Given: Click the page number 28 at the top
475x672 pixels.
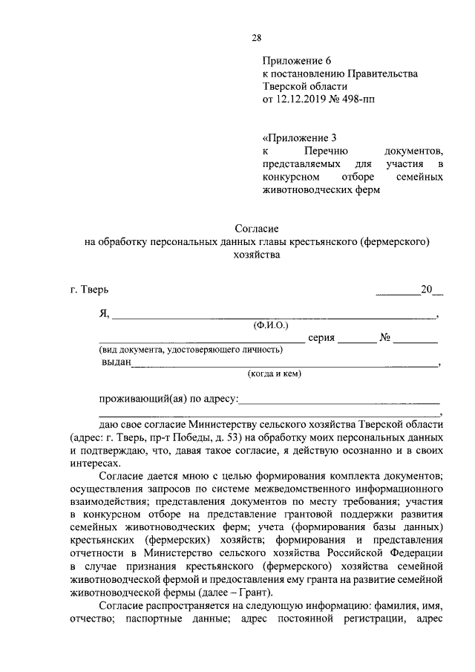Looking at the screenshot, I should point(256,39).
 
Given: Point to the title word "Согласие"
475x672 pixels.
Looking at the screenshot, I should point(256,229).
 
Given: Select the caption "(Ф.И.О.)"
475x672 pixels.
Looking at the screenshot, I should point(271,325).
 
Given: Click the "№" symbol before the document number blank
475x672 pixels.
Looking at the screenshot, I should point(385,337).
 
